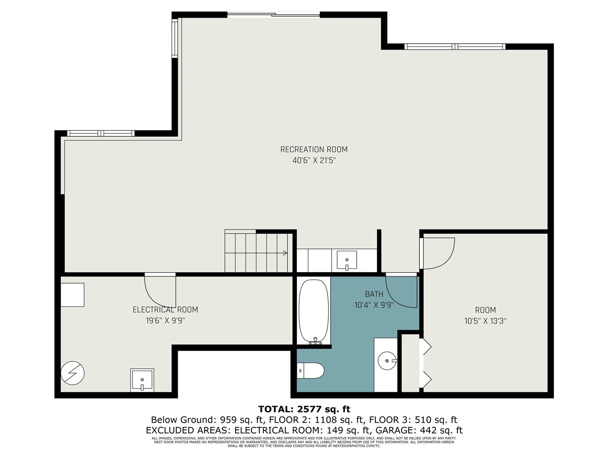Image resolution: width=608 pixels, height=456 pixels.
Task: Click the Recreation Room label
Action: coord(313,150)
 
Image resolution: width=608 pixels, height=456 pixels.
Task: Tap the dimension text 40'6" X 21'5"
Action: coord(313,161)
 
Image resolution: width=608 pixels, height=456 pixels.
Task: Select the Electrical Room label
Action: coord(165,310)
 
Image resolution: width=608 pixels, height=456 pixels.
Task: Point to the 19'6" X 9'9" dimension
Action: coord(165,321)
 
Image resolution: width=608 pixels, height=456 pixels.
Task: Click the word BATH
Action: coord(374,294)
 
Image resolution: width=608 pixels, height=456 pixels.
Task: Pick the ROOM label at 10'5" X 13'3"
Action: coord(485,310)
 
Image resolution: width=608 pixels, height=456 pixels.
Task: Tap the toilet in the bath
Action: coord(311,370)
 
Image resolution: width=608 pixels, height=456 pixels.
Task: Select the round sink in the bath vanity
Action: coord(387,361)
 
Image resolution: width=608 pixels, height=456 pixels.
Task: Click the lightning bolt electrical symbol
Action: coord(73,374)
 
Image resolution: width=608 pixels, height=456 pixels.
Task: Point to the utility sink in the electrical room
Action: coord(142,380)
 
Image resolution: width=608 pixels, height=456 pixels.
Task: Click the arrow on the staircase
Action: coord(285,253)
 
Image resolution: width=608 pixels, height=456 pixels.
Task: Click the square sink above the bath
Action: coord(347,260)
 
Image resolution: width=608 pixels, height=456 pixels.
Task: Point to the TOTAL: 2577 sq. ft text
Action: coord(304,409)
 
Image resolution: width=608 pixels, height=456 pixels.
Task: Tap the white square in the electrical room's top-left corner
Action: coord(73,295)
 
